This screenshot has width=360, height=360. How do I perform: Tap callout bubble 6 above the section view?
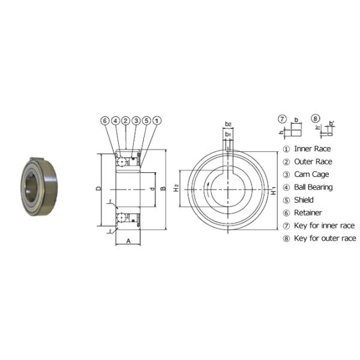tap(105, 121)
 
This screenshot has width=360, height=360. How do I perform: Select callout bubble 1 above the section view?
tap(156, 121)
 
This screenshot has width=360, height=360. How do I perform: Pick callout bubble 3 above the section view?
tap(136, 121)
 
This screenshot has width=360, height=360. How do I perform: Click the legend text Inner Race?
tap(312, 149)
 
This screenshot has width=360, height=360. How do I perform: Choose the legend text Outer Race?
tap(313, 161)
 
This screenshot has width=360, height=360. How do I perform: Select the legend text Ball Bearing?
tap(313, 187)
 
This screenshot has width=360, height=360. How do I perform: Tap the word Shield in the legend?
tap(304, 200)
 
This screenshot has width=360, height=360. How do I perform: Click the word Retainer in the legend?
tap(308, 212)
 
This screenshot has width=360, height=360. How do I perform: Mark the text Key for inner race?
tap(324, 226)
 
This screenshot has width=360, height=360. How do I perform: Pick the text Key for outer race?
tap(325, 238)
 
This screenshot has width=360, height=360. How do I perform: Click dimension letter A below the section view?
tap(128, 241)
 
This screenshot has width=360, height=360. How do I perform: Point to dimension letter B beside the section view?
tap(163, 188)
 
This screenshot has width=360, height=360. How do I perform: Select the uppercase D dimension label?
tap(98, 188)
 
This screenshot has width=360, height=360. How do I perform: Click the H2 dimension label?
tap(176, 188)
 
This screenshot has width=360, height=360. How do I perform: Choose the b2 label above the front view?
tap(228, 124)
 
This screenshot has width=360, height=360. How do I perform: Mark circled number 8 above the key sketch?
tap(316, 118)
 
